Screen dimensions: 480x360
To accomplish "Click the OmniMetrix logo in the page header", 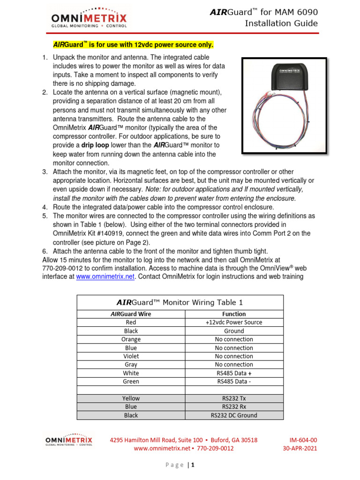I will tap(89, 20).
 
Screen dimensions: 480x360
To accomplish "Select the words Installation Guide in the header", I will tap(281, 23).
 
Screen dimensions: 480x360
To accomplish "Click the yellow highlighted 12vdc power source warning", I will tap(133, 45).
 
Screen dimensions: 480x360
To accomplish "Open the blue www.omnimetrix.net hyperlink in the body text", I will tap(105, 277).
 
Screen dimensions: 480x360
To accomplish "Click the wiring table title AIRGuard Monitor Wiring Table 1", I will tap(179, 303).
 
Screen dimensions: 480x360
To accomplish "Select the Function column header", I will tap(234, 314).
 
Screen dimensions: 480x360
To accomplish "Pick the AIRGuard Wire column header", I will tap(131, 314).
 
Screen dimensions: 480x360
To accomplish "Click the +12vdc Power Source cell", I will tap(234, 322).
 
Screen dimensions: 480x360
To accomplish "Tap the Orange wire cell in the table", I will tap(131, 339).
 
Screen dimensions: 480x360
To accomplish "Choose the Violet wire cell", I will tap(131, 356).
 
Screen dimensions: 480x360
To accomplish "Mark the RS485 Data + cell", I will tap(234, 373).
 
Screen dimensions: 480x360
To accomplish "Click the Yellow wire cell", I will tap(131, 398).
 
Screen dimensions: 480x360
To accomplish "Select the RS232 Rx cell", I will tap(234, 407).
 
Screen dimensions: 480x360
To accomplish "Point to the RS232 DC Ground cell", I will tap(234, 415).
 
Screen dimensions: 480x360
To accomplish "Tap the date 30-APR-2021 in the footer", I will tap(300, 449).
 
